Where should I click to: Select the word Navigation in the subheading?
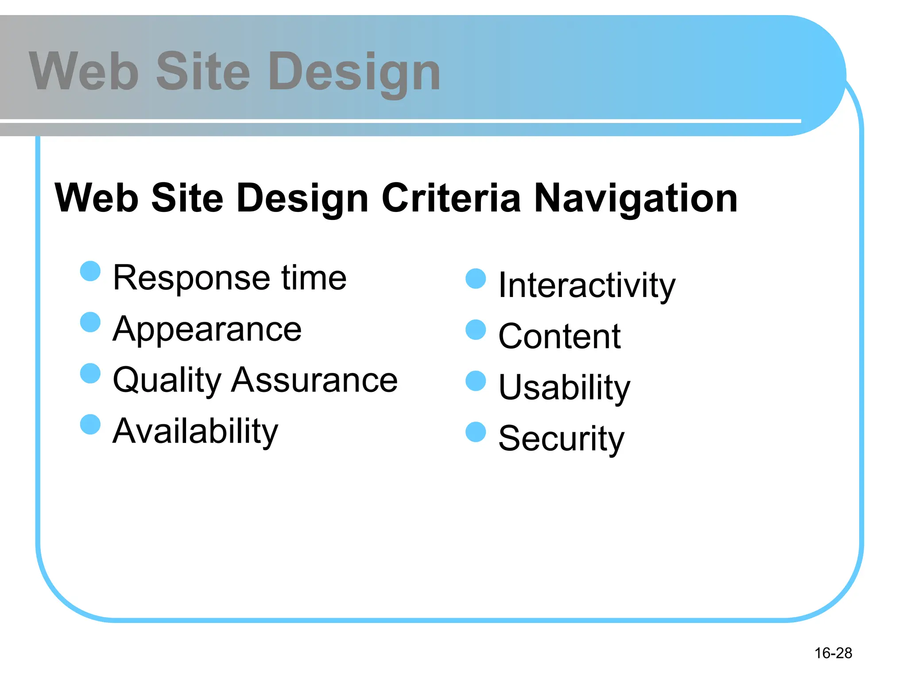(x=636, y=199)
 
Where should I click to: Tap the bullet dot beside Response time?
(x=90, y=271)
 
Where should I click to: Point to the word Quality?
(x=167, y=381)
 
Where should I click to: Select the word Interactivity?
(x=587, y=286)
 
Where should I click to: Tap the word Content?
(x=559, y=337)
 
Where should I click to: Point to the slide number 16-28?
(x=833, y=653)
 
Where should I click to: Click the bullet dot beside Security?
(x=476, y=432)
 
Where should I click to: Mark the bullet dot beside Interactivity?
(x=476, y=278)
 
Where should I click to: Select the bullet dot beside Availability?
(x=90, y=424)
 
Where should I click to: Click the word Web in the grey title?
(x=84, y=71)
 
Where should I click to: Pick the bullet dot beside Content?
(x=476, y=329)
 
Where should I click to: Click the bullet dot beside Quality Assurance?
(x=90, y=373)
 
